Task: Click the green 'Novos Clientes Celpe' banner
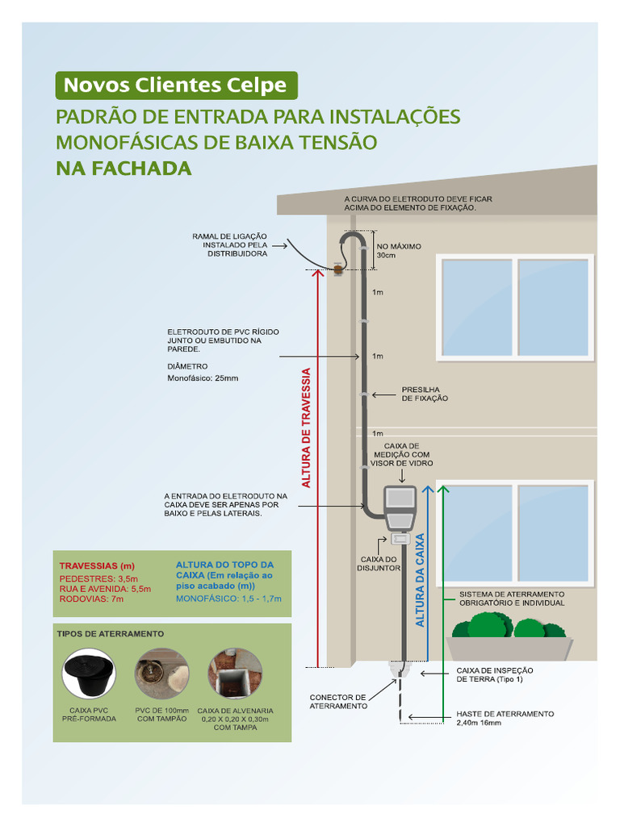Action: tap(175, 85)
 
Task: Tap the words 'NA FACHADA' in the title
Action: tap(124, 169)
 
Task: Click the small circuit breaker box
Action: tap(400, 539)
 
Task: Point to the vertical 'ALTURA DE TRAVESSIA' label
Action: tap(306, 428)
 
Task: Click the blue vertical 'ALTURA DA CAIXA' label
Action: tap(420, 579)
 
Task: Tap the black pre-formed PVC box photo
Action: tap(89, 674)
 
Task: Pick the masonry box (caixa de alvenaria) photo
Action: tap(235, 674)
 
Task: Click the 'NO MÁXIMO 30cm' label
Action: tap(398, 251)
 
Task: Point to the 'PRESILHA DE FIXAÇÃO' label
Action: tap(425, 394)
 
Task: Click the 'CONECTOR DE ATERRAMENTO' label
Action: tap(338, 701)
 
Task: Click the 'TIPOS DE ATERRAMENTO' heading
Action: tap(110, 634)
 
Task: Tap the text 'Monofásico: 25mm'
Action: tap(203, 378)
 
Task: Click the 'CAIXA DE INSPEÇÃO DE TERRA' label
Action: tap(495, 674)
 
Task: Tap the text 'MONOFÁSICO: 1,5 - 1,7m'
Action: tap(228, 599)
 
